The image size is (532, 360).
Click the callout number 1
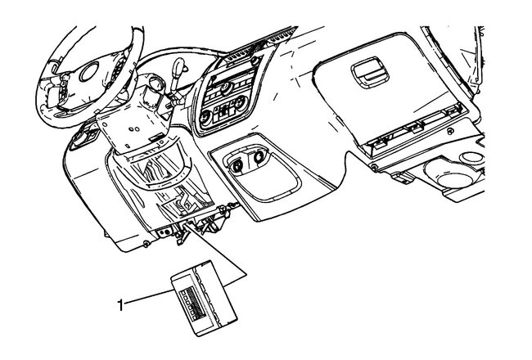121,304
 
